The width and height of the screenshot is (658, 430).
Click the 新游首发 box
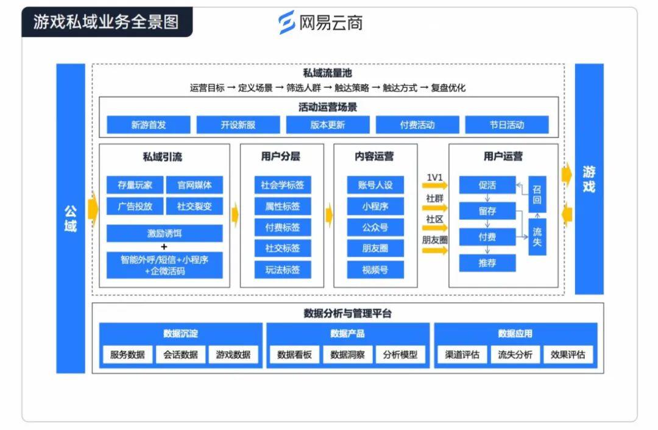[149, 125]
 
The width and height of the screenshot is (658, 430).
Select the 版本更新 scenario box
[328, 125]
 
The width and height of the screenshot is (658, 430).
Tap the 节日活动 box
[507, 125]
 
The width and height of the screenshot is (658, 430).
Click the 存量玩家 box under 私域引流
[135, 185]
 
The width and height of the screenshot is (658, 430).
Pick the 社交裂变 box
[194, 206]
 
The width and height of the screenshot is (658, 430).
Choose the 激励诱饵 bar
[164, 233]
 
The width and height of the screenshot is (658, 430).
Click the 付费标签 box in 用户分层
[283, 227]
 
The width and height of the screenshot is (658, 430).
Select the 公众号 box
[375, 227]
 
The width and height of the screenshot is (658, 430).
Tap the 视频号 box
[375, 270]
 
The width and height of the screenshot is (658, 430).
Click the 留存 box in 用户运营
[487, 211]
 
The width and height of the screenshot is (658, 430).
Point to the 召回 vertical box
[537, 195]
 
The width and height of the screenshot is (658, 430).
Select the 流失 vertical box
[537, 237]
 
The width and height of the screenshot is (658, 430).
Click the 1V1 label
[434, 177]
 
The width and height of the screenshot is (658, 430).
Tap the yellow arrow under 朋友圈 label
[435, 251]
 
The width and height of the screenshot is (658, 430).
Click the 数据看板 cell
[294, 354]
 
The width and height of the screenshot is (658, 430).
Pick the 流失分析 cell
[515, 354]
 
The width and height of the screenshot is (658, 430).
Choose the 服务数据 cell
[127, 354]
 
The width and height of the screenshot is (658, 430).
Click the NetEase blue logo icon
[287, 23]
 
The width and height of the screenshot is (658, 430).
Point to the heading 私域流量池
[327, 74]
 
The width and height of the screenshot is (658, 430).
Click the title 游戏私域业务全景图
[106, 22]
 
